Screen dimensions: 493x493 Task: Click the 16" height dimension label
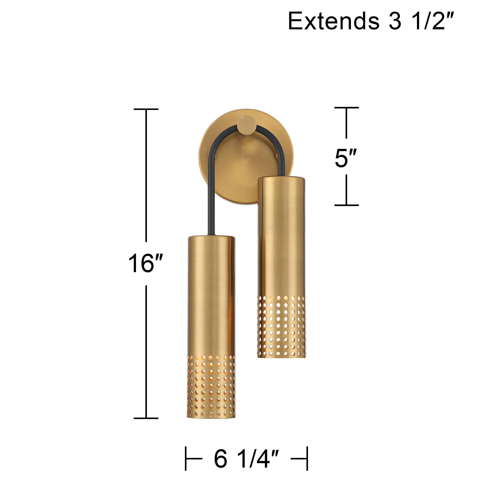(145, 263)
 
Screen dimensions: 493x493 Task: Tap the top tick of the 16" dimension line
(146, 109)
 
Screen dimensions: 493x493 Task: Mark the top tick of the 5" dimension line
(347, 108)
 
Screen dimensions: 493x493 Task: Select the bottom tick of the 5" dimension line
(347, 205)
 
